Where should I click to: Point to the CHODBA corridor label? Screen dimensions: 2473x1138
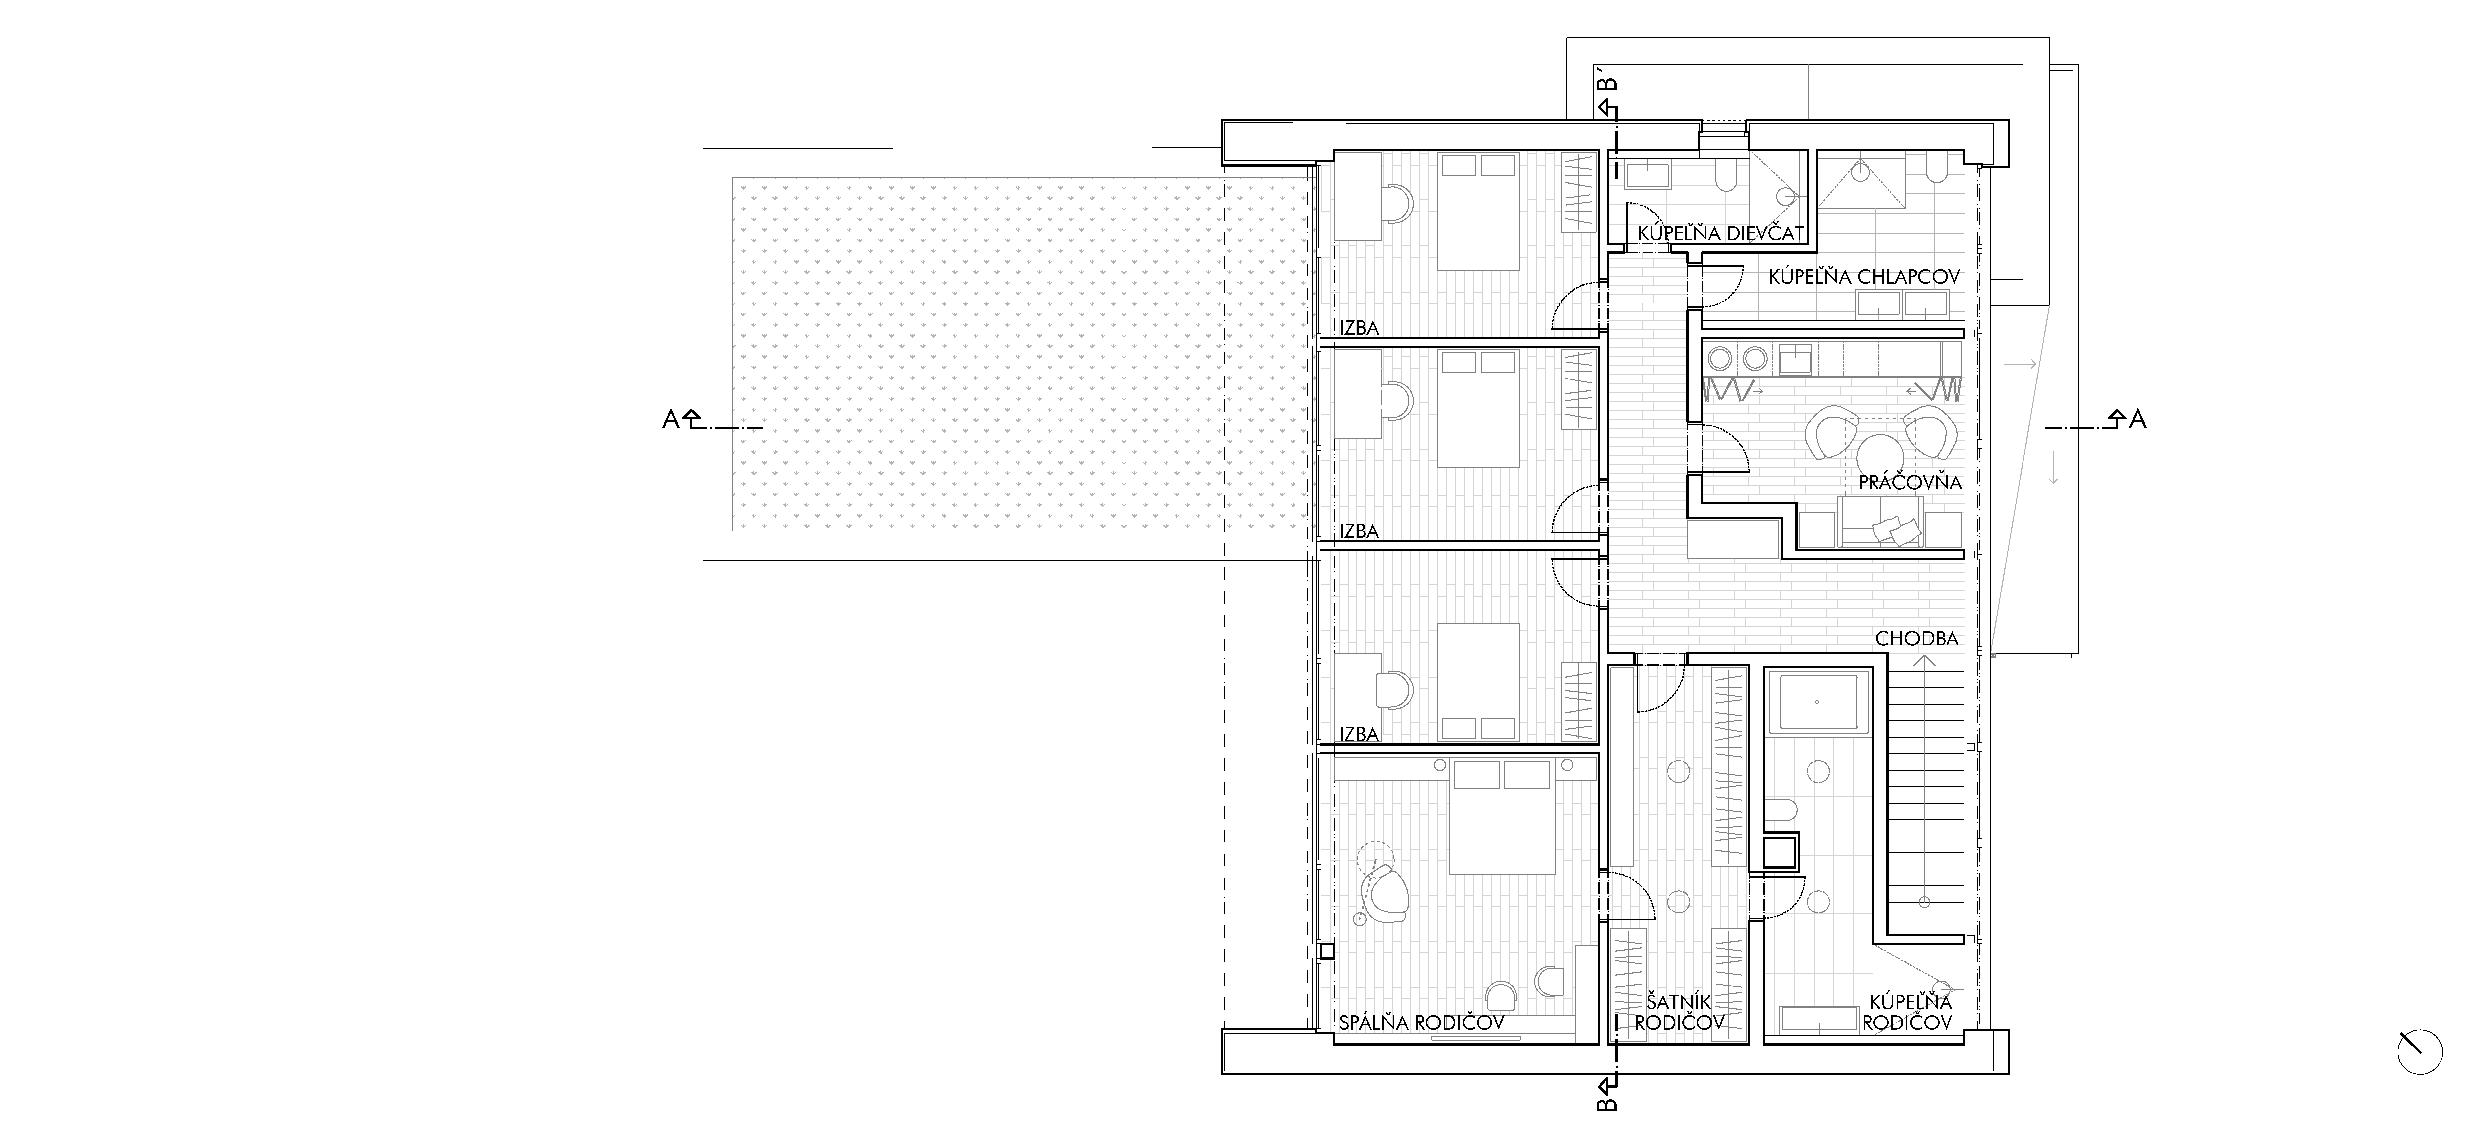[1916, 639]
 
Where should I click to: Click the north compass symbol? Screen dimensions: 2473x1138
[2419, 1052]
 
